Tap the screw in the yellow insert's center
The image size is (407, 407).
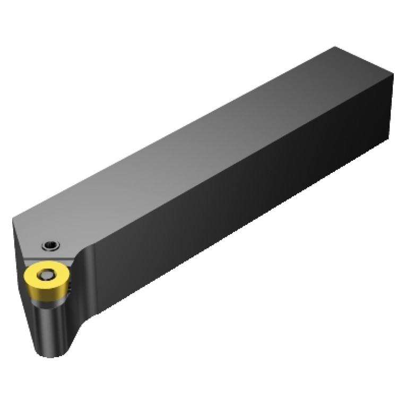tap(46, 274)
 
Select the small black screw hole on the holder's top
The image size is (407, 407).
tap(50, 245)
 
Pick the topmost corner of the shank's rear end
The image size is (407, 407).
tap(335, 47)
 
